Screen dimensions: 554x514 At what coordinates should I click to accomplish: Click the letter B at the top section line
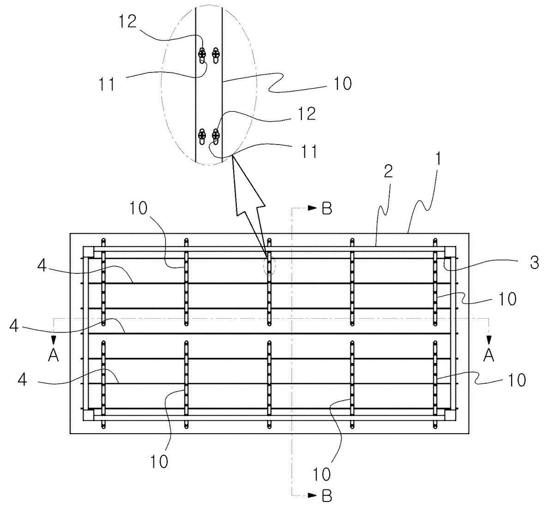pos(327,208)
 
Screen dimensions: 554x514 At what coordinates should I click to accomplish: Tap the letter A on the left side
pos(53,355)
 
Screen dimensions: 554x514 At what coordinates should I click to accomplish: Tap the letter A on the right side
pos(488,355)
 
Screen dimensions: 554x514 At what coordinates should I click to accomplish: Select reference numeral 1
pos(439,159)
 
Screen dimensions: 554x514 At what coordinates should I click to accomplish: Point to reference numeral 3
pos(535,263)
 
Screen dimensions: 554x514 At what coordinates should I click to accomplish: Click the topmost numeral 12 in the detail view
pos(128,21)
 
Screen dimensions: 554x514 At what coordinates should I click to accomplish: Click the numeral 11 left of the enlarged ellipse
pos(107,84)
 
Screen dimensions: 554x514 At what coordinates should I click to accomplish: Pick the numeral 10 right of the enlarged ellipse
pos(343,83)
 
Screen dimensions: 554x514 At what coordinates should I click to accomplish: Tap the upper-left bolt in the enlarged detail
pos(202,53)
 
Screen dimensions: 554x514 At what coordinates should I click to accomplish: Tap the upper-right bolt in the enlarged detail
pos(216,53)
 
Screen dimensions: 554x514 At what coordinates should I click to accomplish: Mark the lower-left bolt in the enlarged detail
pos(202,135)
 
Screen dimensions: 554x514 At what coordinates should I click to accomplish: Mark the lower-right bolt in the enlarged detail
pos(216,135)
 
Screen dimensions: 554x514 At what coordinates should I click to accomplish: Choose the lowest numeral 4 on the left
pos(22,380)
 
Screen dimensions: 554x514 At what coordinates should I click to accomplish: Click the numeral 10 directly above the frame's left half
pos(138,208)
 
